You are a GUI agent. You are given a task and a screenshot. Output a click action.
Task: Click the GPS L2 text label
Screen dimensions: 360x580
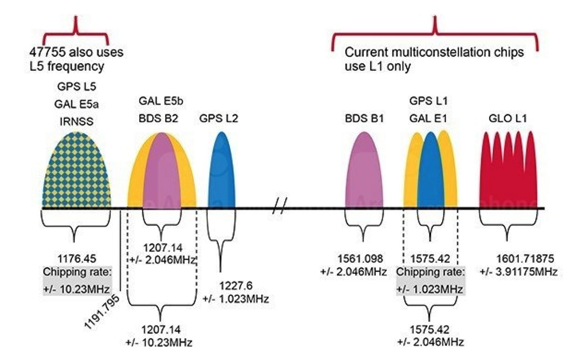coord(218,119)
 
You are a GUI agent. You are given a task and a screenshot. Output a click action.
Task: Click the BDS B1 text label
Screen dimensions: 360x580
coord(362,119)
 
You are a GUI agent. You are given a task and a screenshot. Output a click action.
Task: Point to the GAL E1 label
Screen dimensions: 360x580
coord(429,119)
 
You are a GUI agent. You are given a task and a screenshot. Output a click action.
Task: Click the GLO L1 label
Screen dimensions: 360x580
coord(508,119)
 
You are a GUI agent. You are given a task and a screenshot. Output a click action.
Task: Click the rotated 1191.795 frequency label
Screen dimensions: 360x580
coord(103,312)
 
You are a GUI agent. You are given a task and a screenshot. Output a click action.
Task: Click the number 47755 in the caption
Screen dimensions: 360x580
coord(45,53)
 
